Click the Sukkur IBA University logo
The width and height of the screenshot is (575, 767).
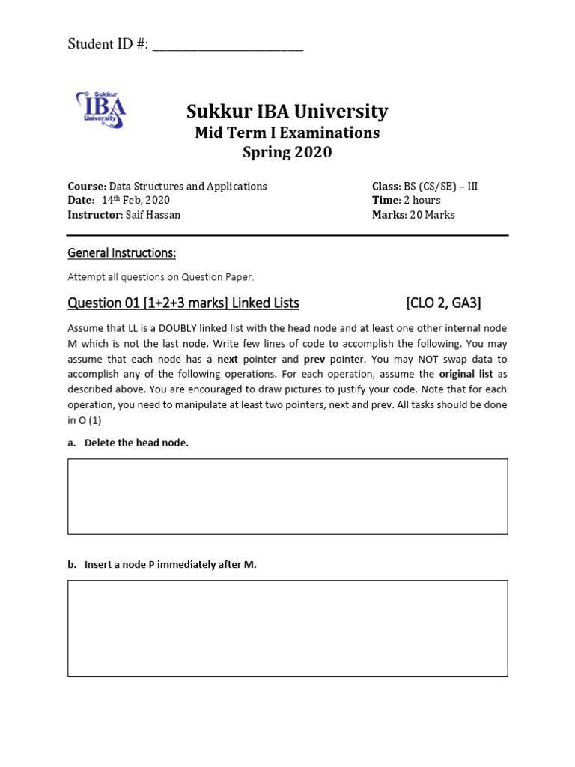100,109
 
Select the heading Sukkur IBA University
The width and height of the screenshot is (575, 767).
287,112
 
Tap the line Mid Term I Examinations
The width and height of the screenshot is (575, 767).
287,133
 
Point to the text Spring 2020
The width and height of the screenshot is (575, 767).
287,153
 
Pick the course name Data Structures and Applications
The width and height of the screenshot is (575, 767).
188,186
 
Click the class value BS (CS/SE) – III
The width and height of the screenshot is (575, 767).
441,186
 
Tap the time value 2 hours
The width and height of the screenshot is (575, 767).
422,200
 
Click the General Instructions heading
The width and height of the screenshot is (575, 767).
121,253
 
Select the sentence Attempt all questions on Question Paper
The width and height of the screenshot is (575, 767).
161,277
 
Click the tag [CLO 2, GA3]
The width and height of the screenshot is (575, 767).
443,303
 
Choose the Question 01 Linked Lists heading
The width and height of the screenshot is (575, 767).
183,303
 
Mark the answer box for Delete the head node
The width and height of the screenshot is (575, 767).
287,497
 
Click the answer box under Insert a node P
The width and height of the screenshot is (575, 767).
287,628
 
